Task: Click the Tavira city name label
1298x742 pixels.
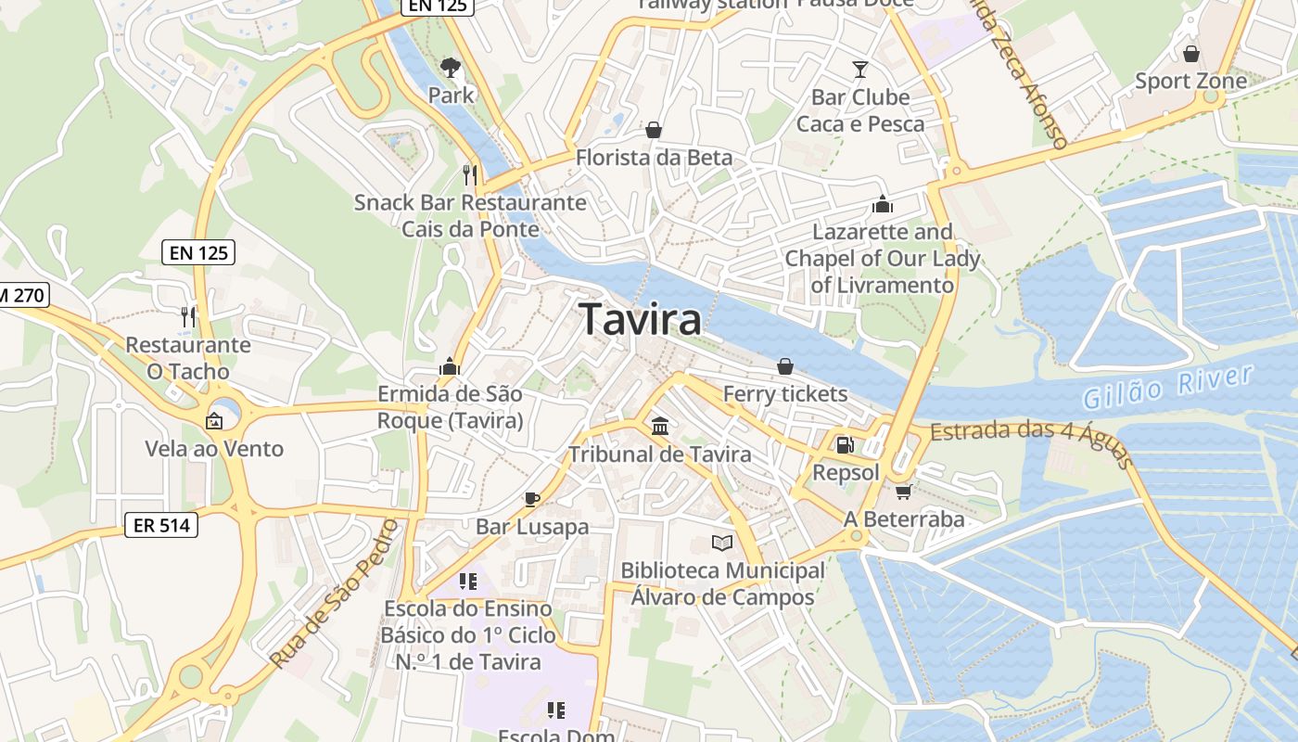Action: pos(641,320)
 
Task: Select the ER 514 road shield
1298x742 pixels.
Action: pos(161,525)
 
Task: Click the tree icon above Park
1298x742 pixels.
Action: pos(451,67)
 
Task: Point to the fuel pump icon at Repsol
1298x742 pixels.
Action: pos(845,445)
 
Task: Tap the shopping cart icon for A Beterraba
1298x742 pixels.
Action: pos(903,492)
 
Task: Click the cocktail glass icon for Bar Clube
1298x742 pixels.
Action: pos(860,69)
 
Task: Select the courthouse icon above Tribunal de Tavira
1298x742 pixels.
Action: pos(660,427)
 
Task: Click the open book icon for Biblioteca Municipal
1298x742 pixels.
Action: pos(722,543)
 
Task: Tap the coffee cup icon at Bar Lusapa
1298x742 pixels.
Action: pos(532,499)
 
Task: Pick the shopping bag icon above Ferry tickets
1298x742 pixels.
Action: pos(785,366)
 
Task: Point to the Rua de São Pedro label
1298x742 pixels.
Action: pos(336,595)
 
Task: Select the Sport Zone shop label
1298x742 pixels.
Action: pos(1191,82)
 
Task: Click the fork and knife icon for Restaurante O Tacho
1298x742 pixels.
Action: pos(188,316)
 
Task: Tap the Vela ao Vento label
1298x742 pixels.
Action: pos(214,449)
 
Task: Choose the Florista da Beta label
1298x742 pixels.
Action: pos(654,158)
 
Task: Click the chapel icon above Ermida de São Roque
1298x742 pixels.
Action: pos(450,366)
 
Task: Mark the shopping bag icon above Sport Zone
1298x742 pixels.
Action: pos(1191,54)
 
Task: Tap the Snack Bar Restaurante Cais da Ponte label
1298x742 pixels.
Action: pos(470,215)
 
